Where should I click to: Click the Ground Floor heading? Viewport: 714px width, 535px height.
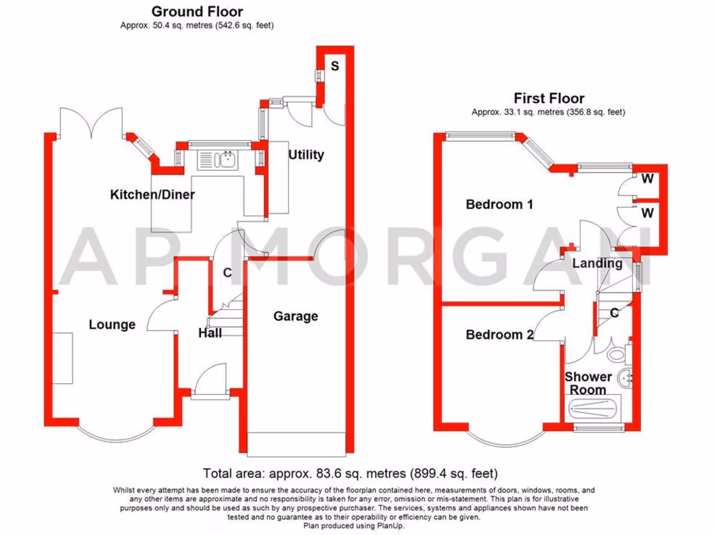pos(197,11)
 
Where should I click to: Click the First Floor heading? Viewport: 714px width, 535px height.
pos(549,98)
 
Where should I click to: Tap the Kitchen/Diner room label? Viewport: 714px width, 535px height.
pos(153,194)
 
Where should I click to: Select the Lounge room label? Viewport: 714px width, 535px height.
pos(112,324)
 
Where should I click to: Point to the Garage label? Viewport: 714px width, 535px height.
pos(295,316)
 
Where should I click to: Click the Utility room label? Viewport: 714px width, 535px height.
pos(306,155)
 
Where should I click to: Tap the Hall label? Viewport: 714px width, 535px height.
pos(210,333)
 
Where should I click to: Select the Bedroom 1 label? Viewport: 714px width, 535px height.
pos(499,204)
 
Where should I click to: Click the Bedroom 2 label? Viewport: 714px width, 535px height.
pos(499,334)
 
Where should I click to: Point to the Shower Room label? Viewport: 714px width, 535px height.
pos(588,382)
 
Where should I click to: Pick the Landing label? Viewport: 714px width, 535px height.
pos(597,263)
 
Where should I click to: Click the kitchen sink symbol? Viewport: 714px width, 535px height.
pos(220,160)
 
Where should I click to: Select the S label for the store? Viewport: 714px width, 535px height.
pos(335,66)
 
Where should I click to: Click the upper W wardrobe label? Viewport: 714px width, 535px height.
pos(648,179)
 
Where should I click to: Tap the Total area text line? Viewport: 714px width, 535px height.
pos(350,472)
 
